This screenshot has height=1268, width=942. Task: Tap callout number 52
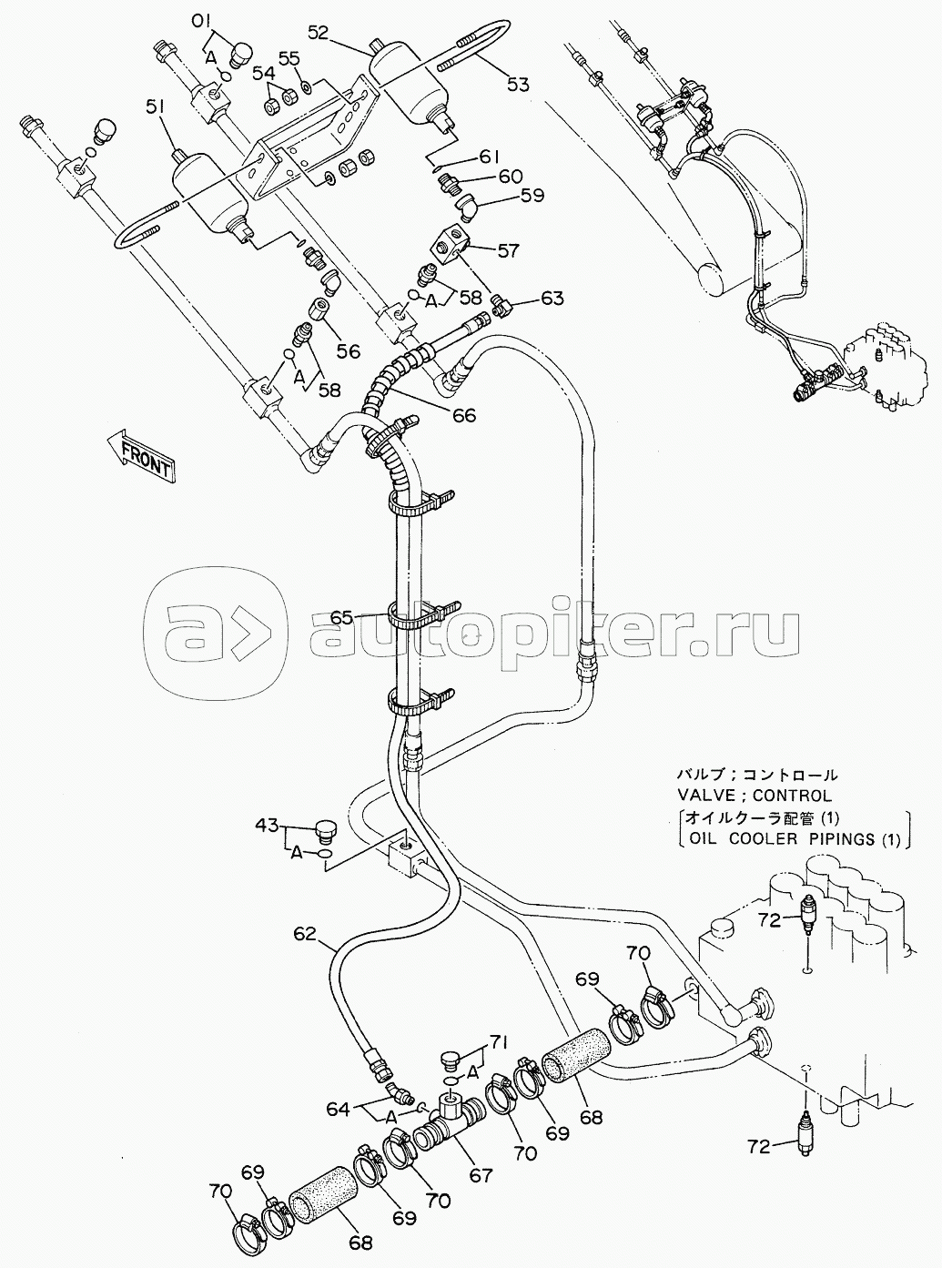point(319,34)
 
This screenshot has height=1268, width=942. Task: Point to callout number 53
point(518,84)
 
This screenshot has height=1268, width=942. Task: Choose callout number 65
point(342,618)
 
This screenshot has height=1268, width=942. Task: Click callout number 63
point(551,298)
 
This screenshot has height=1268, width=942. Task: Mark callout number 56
point(349,351)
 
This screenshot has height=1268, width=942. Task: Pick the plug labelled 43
point(327,831)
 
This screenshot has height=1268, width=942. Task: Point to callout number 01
point(200,23)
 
